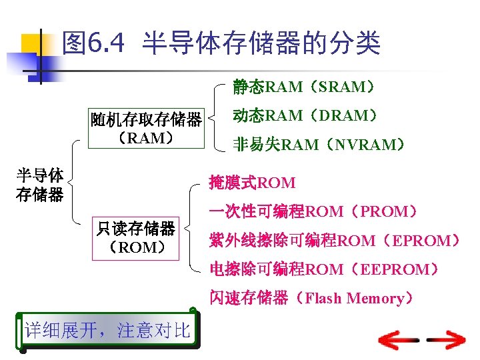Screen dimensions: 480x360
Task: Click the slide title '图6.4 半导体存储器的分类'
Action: pos(220,44)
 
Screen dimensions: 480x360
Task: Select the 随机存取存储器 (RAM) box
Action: pos(146,128)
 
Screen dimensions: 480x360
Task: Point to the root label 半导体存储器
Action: pos(40,185)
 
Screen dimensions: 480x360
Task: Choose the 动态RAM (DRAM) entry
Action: pos(305,115)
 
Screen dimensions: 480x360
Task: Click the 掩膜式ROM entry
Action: pos(252,182)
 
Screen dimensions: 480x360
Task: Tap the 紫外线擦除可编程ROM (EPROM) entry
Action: pos(333,241)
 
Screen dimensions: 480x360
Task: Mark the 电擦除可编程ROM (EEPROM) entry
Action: pos(324,269)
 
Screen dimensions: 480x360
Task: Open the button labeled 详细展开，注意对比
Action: pos(107,330)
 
